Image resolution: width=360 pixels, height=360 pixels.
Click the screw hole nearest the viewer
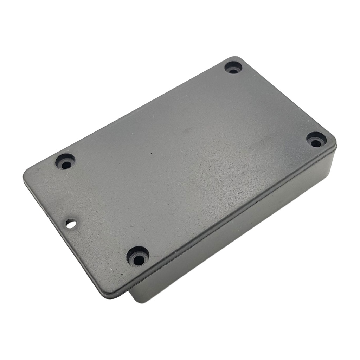tap(138, 258)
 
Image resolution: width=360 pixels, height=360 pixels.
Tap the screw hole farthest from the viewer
tap(233, 67)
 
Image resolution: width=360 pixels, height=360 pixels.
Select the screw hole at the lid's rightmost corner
tap(316, 140)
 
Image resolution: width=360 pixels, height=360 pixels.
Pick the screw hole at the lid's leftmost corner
tap(65, 162)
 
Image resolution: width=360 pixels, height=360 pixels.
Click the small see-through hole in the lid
tap(71, 223)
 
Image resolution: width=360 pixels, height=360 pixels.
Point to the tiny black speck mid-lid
tap(152, 154)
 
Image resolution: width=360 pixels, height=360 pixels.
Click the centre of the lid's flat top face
tap(179, 169)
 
